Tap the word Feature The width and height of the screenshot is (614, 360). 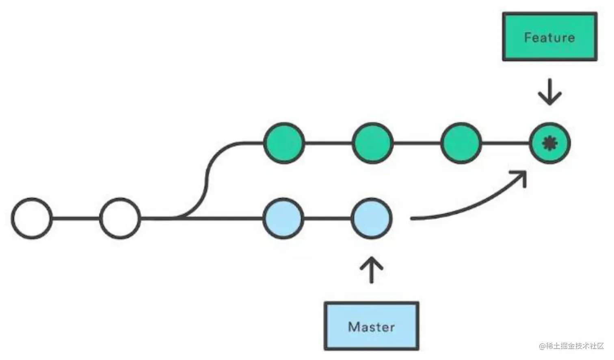pos(549,37)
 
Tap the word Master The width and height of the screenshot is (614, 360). pos(371,327)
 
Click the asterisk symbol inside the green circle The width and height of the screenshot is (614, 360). pos(550,143)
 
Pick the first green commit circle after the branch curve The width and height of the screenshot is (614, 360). pos(284,143)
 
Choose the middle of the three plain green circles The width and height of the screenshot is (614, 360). pos(372,143)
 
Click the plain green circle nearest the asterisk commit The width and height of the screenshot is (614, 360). pos(461,143)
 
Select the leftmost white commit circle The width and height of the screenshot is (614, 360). pos(32,218)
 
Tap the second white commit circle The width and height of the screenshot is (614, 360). pos(120,218)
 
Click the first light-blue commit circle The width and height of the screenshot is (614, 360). pos(283,218)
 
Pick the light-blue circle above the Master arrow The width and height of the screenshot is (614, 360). pos(372,218)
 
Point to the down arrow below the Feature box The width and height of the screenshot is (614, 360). pos(550,92)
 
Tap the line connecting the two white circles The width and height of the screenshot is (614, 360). pos(76,218)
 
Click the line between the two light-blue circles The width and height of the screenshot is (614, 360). pos(327,218)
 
